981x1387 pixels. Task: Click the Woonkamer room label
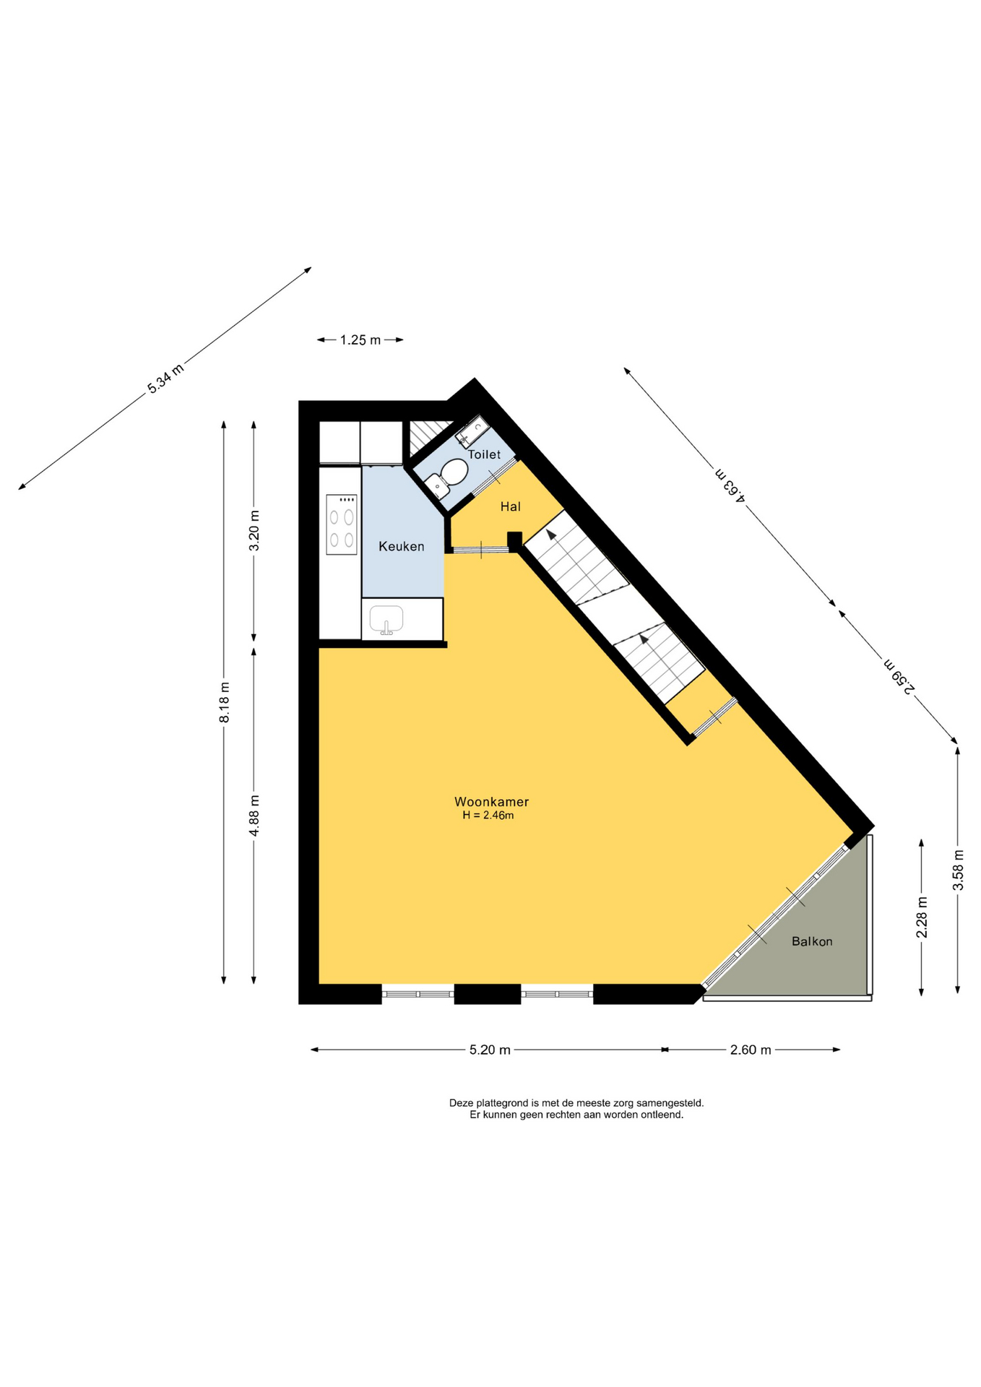point(491,801)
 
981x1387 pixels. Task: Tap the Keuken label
point(401,546)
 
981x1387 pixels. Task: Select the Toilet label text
point(484,454)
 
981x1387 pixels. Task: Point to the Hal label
point(511,506)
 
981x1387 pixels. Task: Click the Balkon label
point(812,941)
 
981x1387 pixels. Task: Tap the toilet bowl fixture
point(447,478)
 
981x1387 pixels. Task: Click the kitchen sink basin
point(386,620)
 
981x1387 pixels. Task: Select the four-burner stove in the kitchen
point(341,524)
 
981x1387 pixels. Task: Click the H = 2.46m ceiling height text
point(488,816)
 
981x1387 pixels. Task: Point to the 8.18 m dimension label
point(225,702)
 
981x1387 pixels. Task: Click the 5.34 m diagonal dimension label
point(165,379)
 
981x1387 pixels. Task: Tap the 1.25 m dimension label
point(360,340)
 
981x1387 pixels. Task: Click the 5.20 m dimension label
point(490,1050)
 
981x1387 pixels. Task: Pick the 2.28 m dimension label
point(922,917)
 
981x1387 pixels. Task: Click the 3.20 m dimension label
point(254,530)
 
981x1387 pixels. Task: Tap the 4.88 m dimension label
point(254,816)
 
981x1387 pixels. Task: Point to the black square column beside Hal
point(514,540)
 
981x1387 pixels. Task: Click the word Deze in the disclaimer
point(462,1103)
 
